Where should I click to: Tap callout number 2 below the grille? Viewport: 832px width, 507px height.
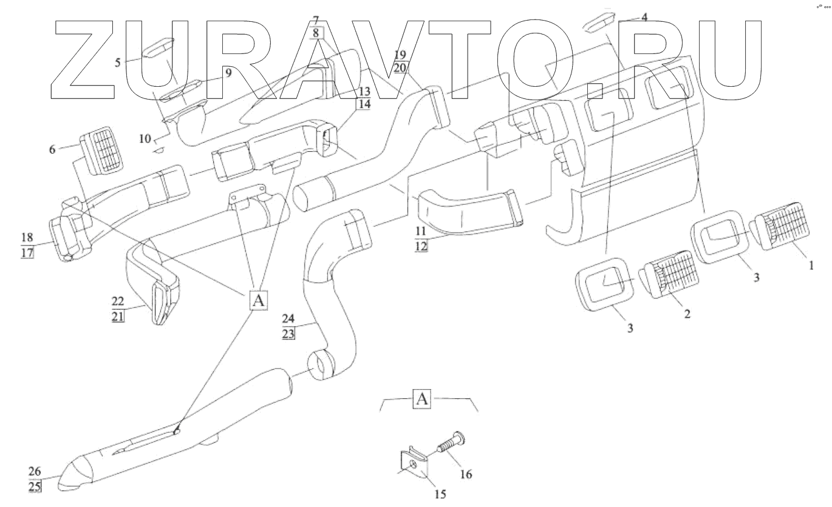pyautogui.click(x=686, y=315)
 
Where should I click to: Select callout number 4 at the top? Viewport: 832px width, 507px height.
pyautogui.click(x=644, y=18)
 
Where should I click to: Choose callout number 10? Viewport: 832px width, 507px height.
pyautogui.click(x=145, y=139)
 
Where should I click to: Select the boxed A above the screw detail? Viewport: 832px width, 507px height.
pyautogui.click(x=422, y=400)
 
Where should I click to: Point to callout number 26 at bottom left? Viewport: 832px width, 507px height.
pyautogui.click(x=35, y=470)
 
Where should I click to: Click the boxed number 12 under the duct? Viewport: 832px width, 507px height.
pyautogui.click(x=421, y=246)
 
